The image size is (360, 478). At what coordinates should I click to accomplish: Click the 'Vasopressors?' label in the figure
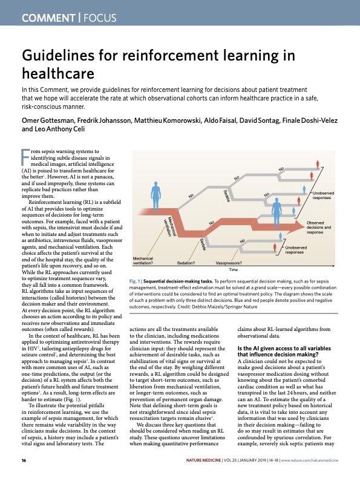click(x=229, y=264)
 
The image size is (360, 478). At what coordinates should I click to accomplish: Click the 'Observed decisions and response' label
click(x=319, y=228)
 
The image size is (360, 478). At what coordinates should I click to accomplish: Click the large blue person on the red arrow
click(x=277, y=212)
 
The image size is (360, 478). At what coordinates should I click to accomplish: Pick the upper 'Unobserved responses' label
click(x=326, y=195)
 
